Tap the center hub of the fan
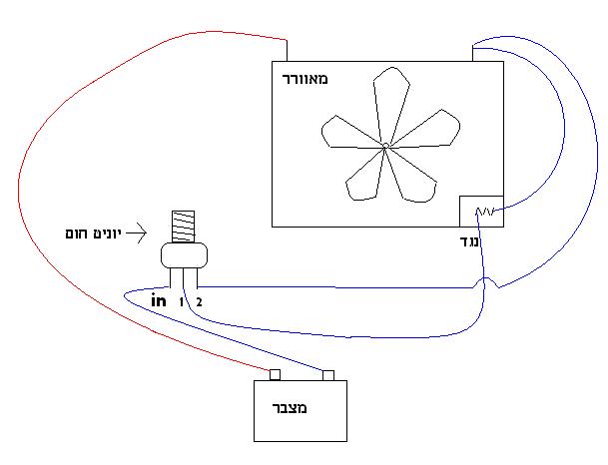[384, 148]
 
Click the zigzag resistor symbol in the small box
[487, 212]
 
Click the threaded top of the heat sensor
[183, 227]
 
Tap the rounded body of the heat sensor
[184, 255]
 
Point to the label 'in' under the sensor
[158, 300]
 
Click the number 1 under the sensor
[182, 301]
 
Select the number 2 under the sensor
[199, 301]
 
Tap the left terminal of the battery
[276, 375]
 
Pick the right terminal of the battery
[326, 375]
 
